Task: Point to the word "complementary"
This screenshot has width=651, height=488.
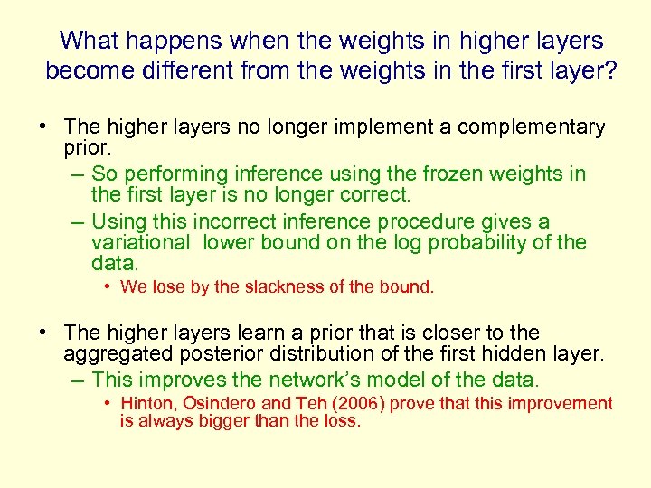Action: (531, 127)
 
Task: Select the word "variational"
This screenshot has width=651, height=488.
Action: (141, 243)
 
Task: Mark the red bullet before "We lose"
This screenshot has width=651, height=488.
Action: (107, 287)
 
